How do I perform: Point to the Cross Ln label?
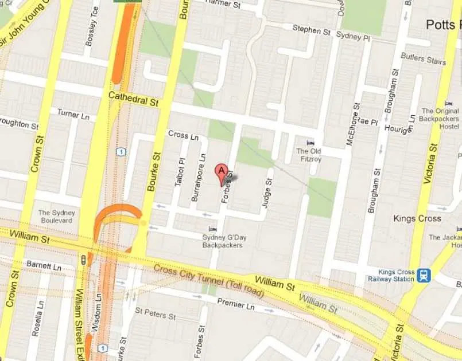click(x=183, y=136)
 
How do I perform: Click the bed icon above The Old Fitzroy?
click(x=310, y=142)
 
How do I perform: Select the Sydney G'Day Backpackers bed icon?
click(x=213, y=229)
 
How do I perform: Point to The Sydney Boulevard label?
click(x=56, y=217)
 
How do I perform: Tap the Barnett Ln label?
click(x=44, y=266)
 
